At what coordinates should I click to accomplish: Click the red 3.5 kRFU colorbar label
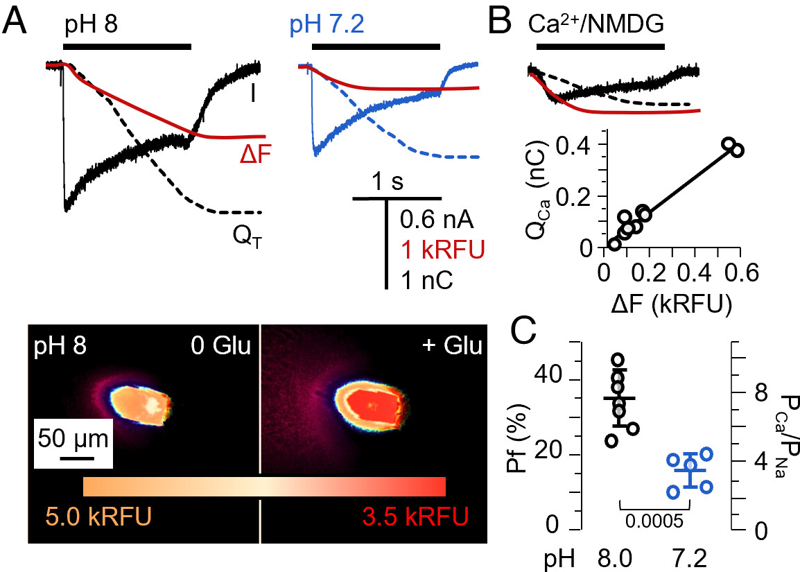coord(415,517)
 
